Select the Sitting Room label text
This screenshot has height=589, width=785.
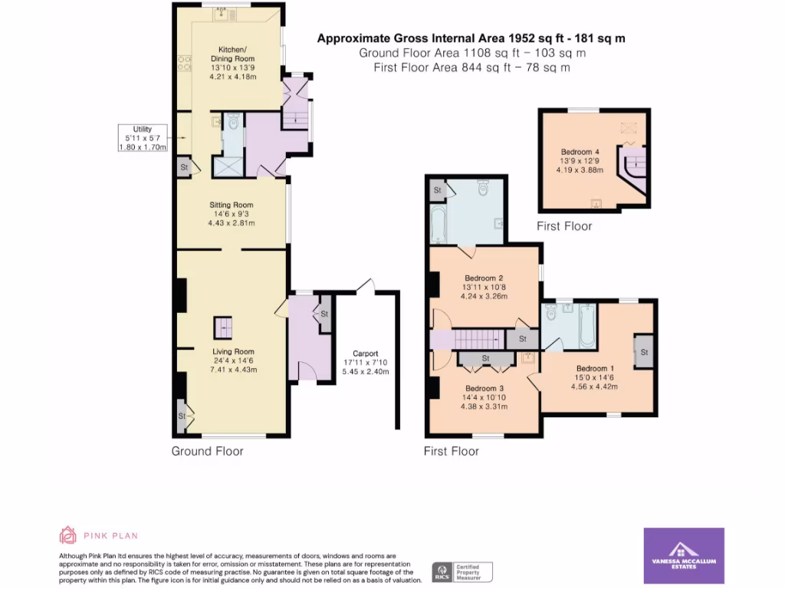click(x=232, y=205)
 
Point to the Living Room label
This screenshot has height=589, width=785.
click(x=233, y=352)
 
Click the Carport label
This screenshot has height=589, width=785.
click(x=365, y=354)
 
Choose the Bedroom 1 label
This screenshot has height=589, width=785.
click(x=596, y=367)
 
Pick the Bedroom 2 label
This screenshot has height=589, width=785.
click(x=484, y=278)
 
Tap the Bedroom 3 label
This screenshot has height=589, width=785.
click(x=484, y=387)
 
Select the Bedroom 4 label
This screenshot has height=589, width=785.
click(x=580, y=152)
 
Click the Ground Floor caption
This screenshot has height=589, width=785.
click(x=207, y=451)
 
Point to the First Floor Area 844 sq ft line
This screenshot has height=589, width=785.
click(x=471, y=67)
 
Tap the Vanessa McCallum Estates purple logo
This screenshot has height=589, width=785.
click(x=684, y=555)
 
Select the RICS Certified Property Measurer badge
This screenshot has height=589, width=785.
click(x=462, y=571)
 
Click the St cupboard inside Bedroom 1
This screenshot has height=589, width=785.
click(x=644, y=352)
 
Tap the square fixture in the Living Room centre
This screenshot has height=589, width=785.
click(x=223, y=327)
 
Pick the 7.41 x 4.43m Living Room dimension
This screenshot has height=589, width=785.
click(x=233, y=370)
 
